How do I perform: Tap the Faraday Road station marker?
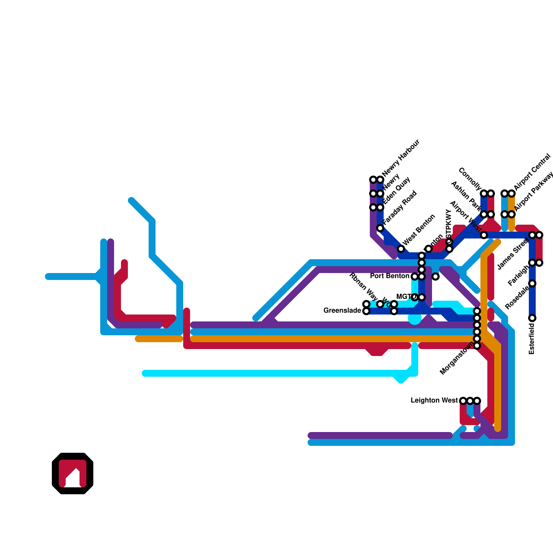(380, 228)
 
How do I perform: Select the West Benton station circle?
(401, 249)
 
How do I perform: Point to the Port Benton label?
(390, 276)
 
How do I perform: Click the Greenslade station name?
(342, 311)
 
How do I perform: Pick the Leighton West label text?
(434, 401)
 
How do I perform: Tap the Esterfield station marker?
(532, 318)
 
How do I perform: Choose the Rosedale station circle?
(532, 283)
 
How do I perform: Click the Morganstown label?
(457, 358)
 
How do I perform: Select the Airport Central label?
(532, 172)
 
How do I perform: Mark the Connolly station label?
(470, 179)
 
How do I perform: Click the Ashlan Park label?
(466, 196)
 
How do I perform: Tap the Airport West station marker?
(484, 235)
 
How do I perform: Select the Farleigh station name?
(518, 275)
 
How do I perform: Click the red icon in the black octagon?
(73, 474)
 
